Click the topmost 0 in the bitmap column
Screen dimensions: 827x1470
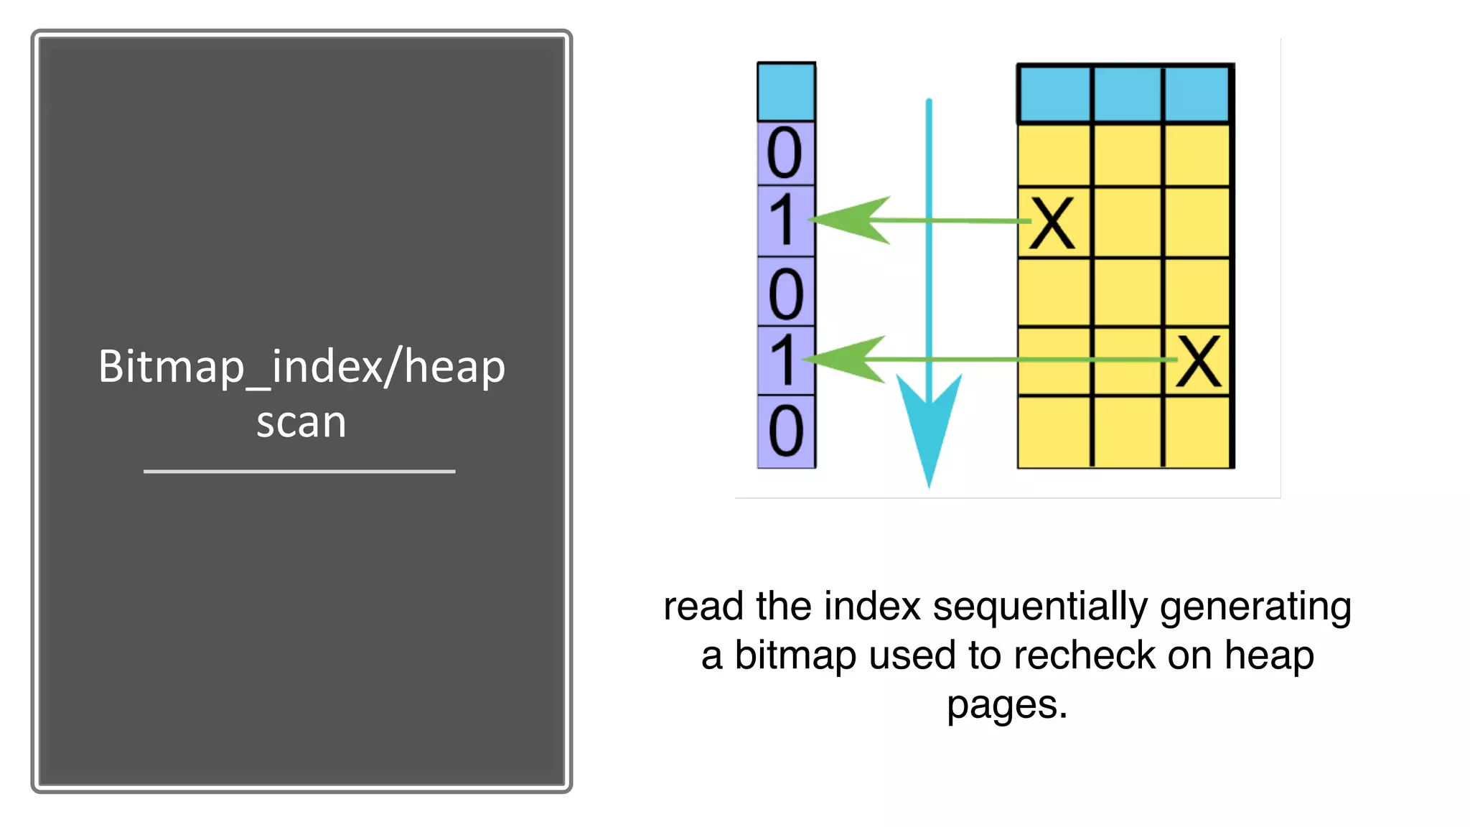coord(785,153)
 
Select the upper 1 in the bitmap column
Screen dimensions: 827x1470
coord(783,220)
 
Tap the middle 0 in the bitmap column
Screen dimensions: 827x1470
coord(785,294)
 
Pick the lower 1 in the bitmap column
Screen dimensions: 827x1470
coord(783,360)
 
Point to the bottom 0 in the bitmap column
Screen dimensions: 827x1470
coord(785,431)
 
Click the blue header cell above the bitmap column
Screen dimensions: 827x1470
coord(786,92)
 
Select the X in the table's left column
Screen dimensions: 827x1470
coord(1052,223)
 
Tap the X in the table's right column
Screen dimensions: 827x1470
coord(1198,361)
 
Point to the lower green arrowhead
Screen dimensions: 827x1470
coord(851,359)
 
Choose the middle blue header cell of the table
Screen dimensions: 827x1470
coord(1127,94)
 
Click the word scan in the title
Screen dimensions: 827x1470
coord(301,422)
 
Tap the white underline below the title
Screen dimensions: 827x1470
coord(299,472)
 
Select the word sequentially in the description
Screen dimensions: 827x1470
coord(1040,607)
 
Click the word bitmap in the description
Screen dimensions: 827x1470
coord(795,655)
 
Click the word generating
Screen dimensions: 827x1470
coord(1255,607)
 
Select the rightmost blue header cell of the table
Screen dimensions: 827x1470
coord(1197,94)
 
